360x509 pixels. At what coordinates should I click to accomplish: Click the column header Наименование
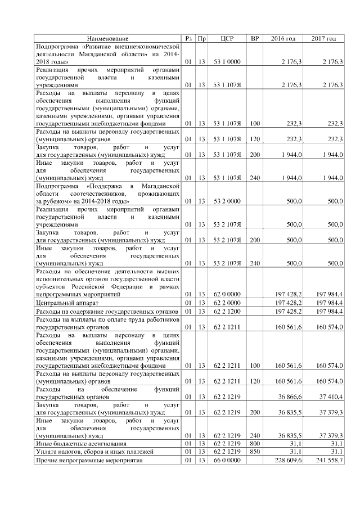click(x=107, y=39)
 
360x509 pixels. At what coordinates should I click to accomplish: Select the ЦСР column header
click(x=227, y=39)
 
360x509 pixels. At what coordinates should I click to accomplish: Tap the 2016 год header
click(x=283, y=39)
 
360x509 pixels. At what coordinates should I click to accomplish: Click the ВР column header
click(x=255, y=39)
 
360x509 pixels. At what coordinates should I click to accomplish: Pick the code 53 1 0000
click(x=227, y=61)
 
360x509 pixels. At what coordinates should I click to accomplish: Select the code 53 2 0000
click(x=227, y=201)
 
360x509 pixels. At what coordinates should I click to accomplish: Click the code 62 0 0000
click(x=227, y=294)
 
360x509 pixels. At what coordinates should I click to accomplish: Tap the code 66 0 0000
click(x=227, y=461)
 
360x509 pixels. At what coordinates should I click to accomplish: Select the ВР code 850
click(x=255, y=452)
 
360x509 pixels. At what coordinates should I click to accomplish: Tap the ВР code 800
click(x=255, y=443)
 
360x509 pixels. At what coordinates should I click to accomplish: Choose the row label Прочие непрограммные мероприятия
click(x=89, y=461)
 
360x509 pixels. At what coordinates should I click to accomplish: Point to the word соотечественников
click(x=93, y=193)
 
